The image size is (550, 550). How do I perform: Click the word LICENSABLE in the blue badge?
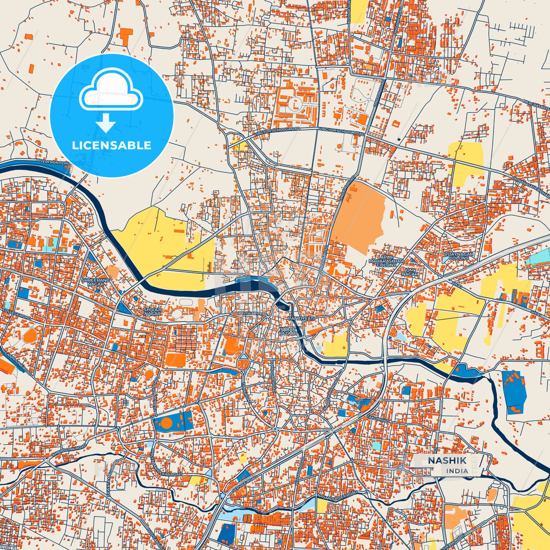(x=112, y=145)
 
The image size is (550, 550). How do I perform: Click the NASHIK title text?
(x=447, y=460)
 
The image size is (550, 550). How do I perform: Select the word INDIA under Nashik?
(x=457, y=471)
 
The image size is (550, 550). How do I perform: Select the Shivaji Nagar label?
(x=152, y=311)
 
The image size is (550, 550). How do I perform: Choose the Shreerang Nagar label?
(x=96, y=282)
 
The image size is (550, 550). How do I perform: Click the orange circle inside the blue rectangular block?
(x=166, y=423)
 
